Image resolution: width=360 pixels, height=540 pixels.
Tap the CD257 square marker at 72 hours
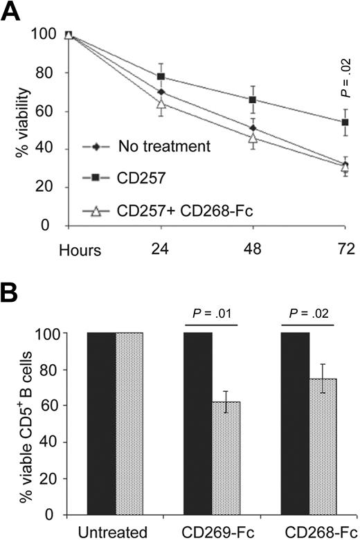345,123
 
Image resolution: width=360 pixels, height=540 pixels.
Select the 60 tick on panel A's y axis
46,111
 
